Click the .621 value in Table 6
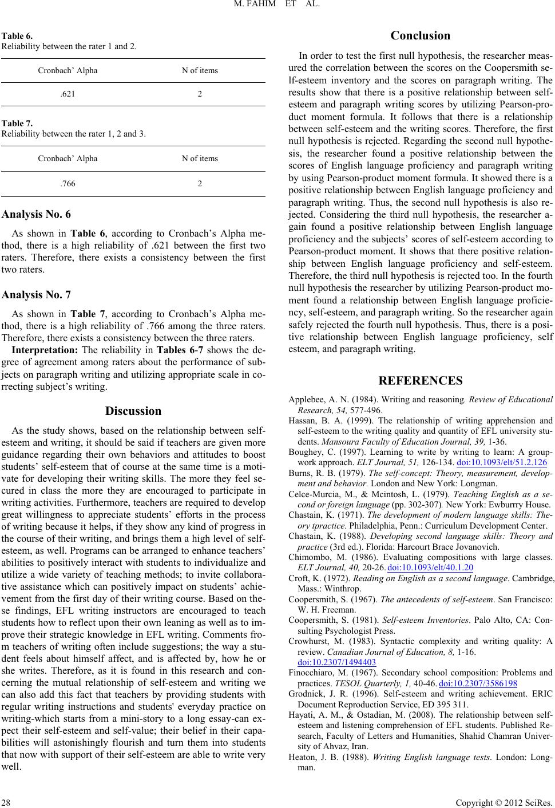click(67, 94)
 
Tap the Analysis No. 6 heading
click(37, 215)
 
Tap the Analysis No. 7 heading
click(37, 295)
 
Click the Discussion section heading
click(133, 411)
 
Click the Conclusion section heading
click(421, 35)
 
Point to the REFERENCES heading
click(421, 381)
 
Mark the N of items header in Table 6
click(200, 70)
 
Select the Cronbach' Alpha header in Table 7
click(68, 158)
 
